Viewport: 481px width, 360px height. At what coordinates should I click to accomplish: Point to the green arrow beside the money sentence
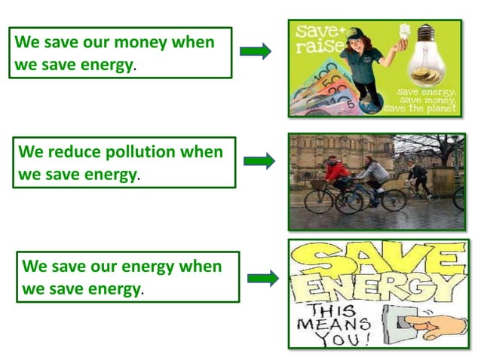point(256,51)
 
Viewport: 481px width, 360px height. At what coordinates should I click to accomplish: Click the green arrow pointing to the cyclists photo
point(259,160)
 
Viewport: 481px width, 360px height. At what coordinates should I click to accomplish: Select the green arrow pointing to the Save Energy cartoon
point(262,279)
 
